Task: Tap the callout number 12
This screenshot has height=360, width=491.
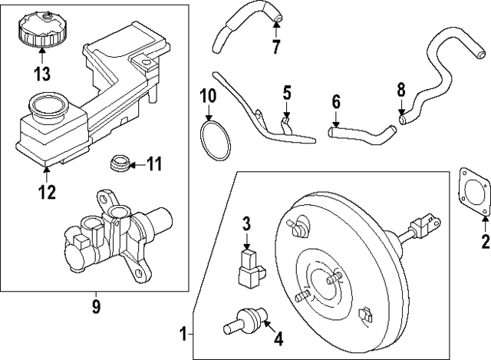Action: pyautogui.click(x=47, y=192)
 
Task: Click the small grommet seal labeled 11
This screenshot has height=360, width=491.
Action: pyautogui.click(x=117, y=163)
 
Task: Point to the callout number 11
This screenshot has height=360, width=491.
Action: pyautogui.click(x=154, y=163)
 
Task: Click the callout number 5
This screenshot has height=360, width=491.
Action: pyautogui.click(x=286, y=94)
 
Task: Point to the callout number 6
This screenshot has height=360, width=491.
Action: pyautogui.click(x=335, y=101)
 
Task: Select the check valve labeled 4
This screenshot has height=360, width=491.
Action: pyautogui.click(x=243, y=318)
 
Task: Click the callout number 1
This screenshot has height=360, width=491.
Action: pyautogui.click(x=182, y=334)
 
